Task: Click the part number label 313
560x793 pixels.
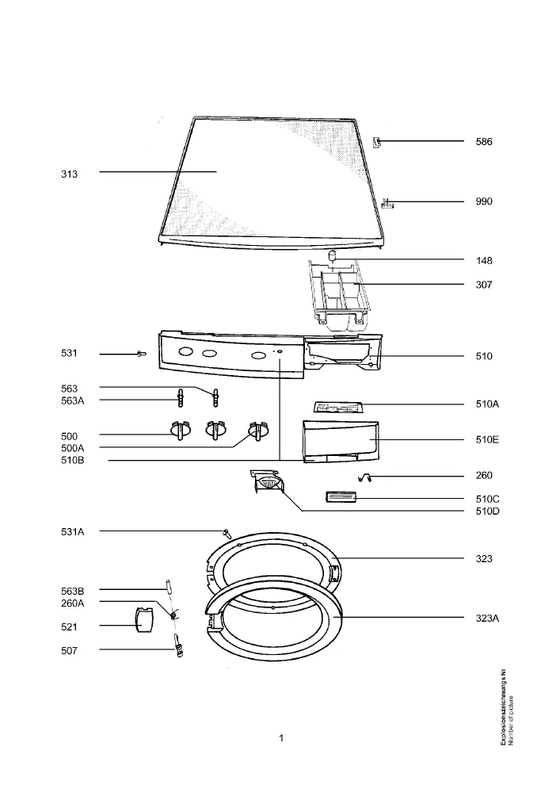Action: point(69,174)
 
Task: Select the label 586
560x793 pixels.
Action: point(484,142)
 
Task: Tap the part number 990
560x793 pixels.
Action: point(484,201)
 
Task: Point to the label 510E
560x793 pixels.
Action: point(487,439)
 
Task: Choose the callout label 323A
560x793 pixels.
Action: point(487,618)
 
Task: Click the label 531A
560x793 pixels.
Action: point(73,531)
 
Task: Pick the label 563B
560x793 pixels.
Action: point(73,592)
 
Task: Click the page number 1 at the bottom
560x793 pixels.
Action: point(281,738)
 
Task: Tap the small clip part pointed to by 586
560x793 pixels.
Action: point(377,142)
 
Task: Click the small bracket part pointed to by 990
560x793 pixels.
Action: point(387,202)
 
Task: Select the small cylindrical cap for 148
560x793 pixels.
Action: point(332,255)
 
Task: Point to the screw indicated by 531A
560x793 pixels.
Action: point(226,532)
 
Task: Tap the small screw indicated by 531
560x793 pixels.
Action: point(142,354)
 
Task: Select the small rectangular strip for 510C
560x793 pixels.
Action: point(341,497)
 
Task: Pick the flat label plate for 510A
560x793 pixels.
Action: point(337,407)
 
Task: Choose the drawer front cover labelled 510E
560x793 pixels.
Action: point(341,441)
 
